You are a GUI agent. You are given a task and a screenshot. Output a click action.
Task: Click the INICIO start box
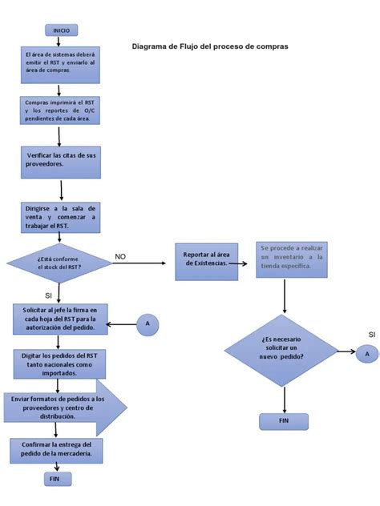(61, 30)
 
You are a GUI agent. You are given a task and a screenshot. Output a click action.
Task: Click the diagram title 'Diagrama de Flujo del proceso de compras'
(210, 46)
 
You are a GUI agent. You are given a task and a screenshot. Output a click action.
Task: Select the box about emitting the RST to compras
(60, 63)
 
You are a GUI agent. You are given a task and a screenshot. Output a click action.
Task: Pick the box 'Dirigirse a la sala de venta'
(61, 216)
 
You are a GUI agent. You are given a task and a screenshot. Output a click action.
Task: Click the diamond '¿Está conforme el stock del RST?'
(59, 263)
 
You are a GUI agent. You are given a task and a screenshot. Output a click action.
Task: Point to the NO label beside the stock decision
(120, 256)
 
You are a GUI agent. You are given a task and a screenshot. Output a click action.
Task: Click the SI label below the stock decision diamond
(48, 295)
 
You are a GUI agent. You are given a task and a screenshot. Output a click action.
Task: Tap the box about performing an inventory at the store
(293, 259)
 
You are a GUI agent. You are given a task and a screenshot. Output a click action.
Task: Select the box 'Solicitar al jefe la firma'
(60, 319)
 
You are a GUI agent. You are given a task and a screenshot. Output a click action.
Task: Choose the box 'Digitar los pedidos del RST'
(59, 363)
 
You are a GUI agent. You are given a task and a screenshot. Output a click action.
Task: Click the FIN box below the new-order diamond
(283, 420)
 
